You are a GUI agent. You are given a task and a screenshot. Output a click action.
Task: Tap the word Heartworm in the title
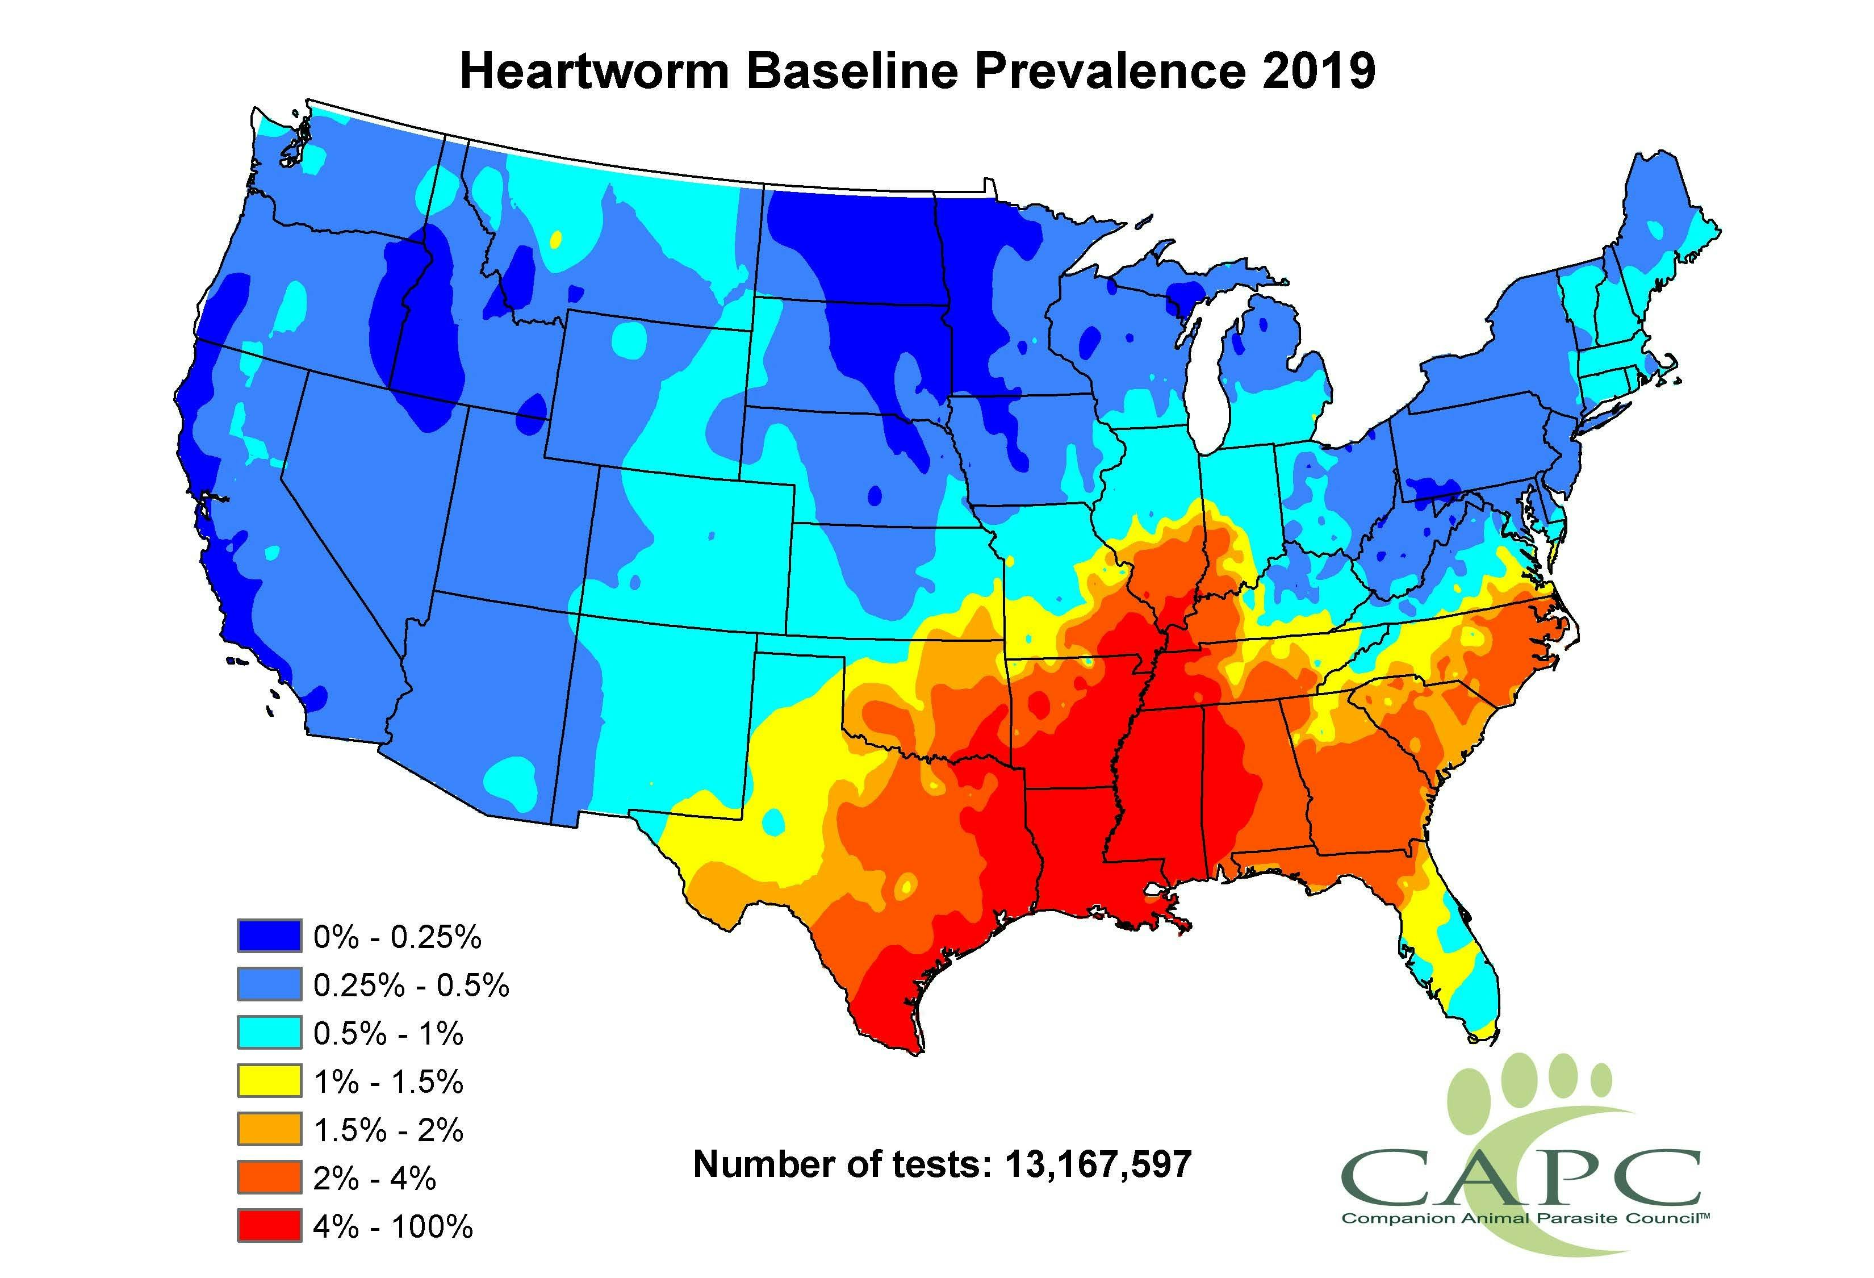[595, 70]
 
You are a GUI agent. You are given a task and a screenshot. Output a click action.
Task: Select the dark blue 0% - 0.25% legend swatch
[269, 936]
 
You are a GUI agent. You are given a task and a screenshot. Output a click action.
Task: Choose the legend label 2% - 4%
[374, 1179]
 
